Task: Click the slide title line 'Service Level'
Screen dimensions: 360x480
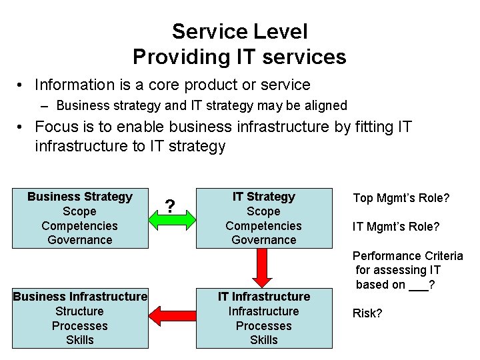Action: (239, 31)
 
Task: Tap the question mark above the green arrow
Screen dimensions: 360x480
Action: (171, 205)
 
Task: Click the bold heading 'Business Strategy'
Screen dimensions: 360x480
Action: (80, 197)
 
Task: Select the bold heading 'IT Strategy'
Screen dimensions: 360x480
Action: (263, 197)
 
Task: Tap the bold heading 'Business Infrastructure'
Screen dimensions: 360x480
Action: (80, 297)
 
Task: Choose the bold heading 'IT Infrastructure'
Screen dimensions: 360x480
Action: (263, 297)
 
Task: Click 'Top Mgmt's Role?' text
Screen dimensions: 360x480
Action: (401, 198)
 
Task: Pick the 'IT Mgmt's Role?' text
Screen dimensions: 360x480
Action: (396, 227)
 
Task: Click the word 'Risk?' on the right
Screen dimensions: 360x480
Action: (367, 313)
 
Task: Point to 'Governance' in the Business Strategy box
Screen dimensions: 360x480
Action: (80, 240)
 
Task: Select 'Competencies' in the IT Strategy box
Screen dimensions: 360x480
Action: (263, 226)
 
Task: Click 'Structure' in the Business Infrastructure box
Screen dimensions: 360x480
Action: (80, 311)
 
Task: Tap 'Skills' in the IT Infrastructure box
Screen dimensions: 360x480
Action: (263, 340)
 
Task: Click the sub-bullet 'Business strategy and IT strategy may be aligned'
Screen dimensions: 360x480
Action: (201, 105)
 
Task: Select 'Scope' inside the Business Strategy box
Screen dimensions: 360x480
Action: (80, 211)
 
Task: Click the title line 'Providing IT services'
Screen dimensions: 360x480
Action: (239, 57)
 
